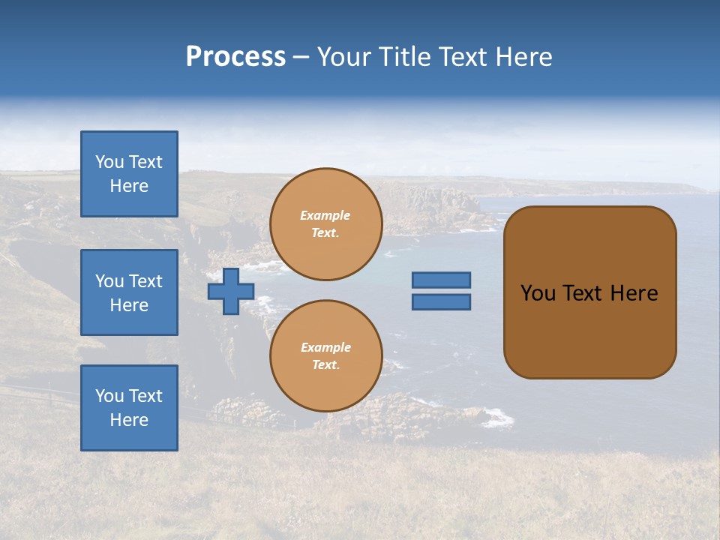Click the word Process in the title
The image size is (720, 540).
[x=235, y=57]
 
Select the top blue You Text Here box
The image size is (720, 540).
[x=129, y=174]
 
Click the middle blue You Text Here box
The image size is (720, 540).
[x=129, y=292]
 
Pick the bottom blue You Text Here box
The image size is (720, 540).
[x=129, y=408]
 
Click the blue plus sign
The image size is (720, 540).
[x=231, y=292]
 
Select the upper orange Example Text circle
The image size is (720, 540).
[x=326, y=224]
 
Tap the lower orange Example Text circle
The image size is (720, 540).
[x=326, y=356]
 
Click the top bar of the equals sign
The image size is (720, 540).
[x=441, y=280]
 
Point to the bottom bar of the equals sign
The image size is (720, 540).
[x=441, y=302]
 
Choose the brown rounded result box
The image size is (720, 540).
[x=589, y=292]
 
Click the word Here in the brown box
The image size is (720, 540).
[x=634, y=293]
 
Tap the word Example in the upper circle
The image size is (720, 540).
[x=325, y=215]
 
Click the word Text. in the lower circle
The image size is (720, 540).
[x=325, y=365]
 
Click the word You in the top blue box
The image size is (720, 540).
[x=109, y=162]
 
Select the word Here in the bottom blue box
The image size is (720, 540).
[x=129, y=420]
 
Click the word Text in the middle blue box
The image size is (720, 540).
[x=145, y=281]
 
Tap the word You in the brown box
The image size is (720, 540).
[x=538, y=293]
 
